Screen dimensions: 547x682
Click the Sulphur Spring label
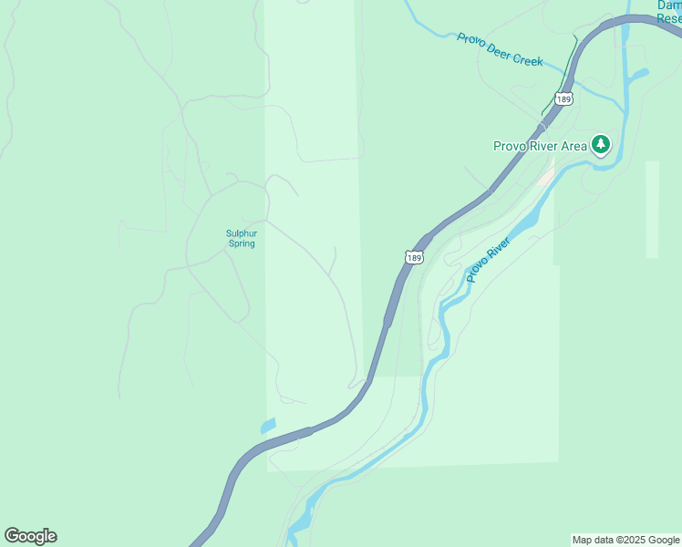click(x=241, y=238)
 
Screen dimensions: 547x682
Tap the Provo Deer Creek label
click(x=500, y=49)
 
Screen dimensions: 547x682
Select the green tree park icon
click(x=600, y=144)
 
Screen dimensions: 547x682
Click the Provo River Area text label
click(x=541, y=145)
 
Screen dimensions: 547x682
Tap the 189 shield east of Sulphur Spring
click(x=415, y=258)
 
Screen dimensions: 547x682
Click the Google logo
click(x=30, y=536)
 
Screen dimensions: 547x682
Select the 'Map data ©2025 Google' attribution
click(x=625, y=540)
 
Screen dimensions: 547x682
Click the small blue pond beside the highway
click(x=268, y=425)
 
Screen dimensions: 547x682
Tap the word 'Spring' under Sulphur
click(x=241, y=243)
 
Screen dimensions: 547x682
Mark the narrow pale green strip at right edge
click(x=651, y=210)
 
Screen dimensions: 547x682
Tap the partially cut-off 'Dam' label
click(x=669, y=5)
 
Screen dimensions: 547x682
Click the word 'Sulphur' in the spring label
click(x=241, y=233)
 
